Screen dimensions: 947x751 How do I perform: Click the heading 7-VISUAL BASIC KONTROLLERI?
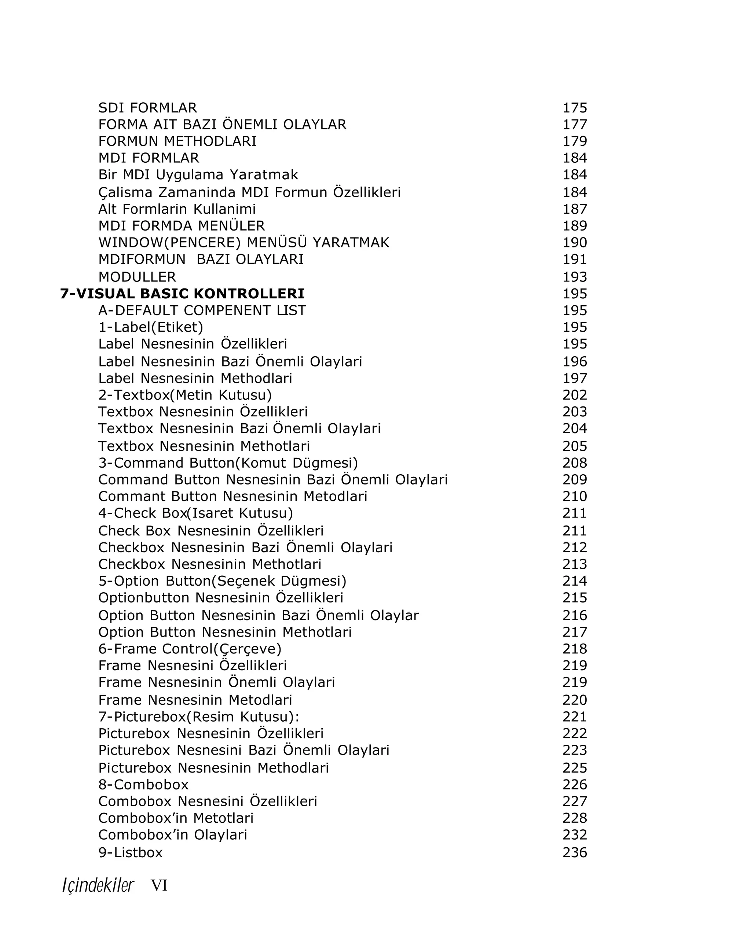(x=182, y=294)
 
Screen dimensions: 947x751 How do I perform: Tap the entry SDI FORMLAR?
(x=148, y=108)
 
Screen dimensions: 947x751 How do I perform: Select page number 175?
(x=574, y=108)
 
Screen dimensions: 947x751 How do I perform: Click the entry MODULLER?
(x=137, y=277)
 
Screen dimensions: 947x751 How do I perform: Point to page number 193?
(x=574, y=277)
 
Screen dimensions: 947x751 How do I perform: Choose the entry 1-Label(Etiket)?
(x=151, y=327)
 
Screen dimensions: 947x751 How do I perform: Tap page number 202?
(x=574, y=395)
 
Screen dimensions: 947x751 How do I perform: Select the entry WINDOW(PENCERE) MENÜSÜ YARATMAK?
(x=243, y=243)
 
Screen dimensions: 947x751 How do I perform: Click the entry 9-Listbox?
(x=131, y=852)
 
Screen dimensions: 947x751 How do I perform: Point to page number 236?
(x=574, y=852)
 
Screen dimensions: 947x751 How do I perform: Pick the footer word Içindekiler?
(x=98, y=885)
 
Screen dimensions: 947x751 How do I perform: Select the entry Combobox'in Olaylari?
(x=173, y=834)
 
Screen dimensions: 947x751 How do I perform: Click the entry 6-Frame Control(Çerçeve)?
(x=190, y=649)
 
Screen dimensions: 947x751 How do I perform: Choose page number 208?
(x=574, y=463)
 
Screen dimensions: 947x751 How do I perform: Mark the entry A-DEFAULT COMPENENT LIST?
(x=202, y=310)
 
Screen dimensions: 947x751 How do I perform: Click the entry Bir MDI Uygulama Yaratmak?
(x=198, y=174)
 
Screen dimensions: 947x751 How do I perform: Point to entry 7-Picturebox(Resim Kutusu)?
(x=199, y=716)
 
